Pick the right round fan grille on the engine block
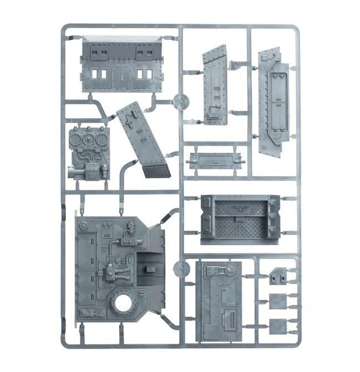tap(101, 139)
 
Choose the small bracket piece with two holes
tap(278, 276)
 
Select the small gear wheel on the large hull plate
tap(84, 226)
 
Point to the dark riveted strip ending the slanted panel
tap(156, 169)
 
